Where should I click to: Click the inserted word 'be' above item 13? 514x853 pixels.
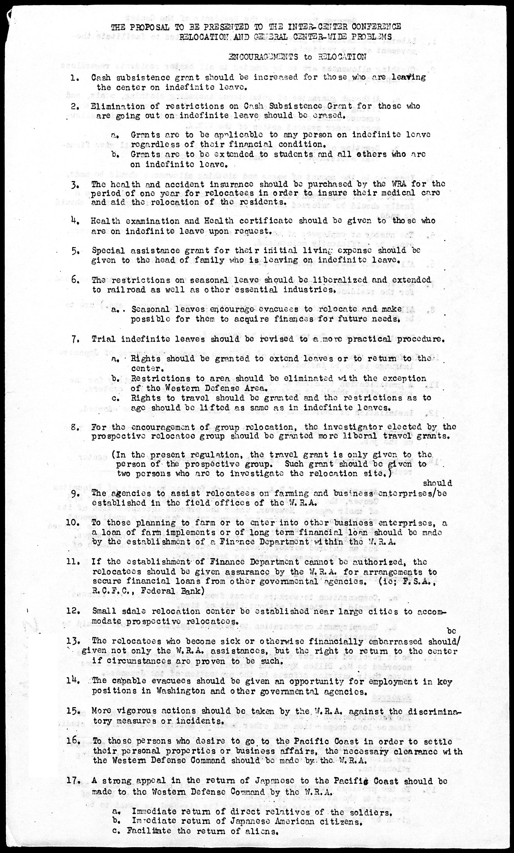coord(452,630)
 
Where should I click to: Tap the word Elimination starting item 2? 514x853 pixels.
coord(114,106)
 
